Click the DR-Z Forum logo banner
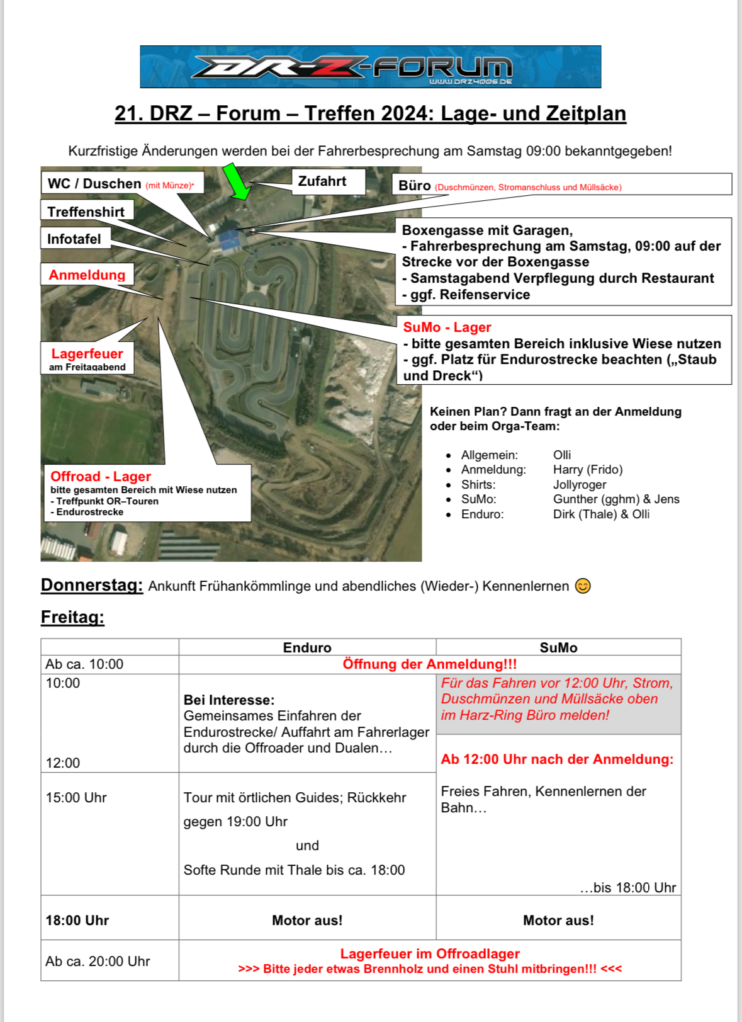[x=370, y=66]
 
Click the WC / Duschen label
[x=94, y=183]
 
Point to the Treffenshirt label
[x=86, y=212]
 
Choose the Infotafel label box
[x=74, y=239]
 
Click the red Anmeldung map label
[x=87, y=275]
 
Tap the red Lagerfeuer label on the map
[x=87, y=353]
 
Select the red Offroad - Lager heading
[x=101, y=476]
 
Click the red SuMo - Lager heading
[x=447, y=327]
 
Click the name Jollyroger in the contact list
[x=579, y=484]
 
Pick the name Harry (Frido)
[x=587, y=469]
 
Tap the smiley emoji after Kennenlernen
[x=583, y=586]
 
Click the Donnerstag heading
[x=92, y=585]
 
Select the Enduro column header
[x=306, y=647]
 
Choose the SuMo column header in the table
[x=558, y=647]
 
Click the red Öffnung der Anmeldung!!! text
[x=429, y=664]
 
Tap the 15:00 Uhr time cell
[x=76, y=797]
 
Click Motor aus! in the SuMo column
[x=558, y=920]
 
